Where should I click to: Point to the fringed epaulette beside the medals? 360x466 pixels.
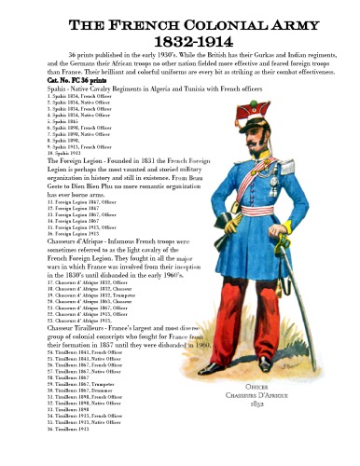click(280, 171)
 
